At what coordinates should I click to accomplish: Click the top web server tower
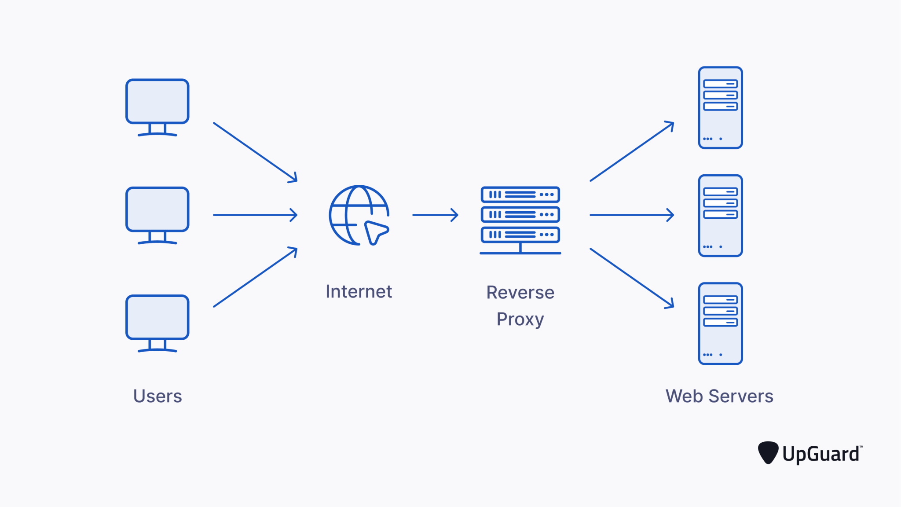coord(720,108)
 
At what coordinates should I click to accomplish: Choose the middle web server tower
coord(720,216)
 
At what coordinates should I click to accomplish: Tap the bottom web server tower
coord(720,323)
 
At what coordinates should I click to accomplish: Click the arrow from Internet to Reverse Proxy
coord(435,215)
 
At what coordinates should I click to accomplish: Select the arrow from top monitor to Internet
coord(255,152)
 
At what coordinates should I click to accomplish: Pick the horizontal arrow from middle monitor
coord(255,215)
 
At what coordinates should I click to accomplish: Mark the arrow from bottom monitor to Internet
coord(255,277)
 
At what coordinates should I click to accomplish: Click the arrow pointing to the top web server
coord(632,151)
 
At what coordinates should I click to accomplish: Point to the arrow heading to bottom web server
coord(632,278)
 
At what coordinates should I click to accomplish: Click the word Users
coord(157,396)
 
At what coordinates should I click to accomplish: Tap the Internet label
coord(359,292)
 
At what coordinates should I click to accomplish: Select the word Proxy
coord(520,319)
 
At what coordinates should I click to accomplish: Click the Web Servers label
coord(719,396)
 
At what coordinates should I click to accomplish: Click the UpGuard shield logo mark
coord(768,452)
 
